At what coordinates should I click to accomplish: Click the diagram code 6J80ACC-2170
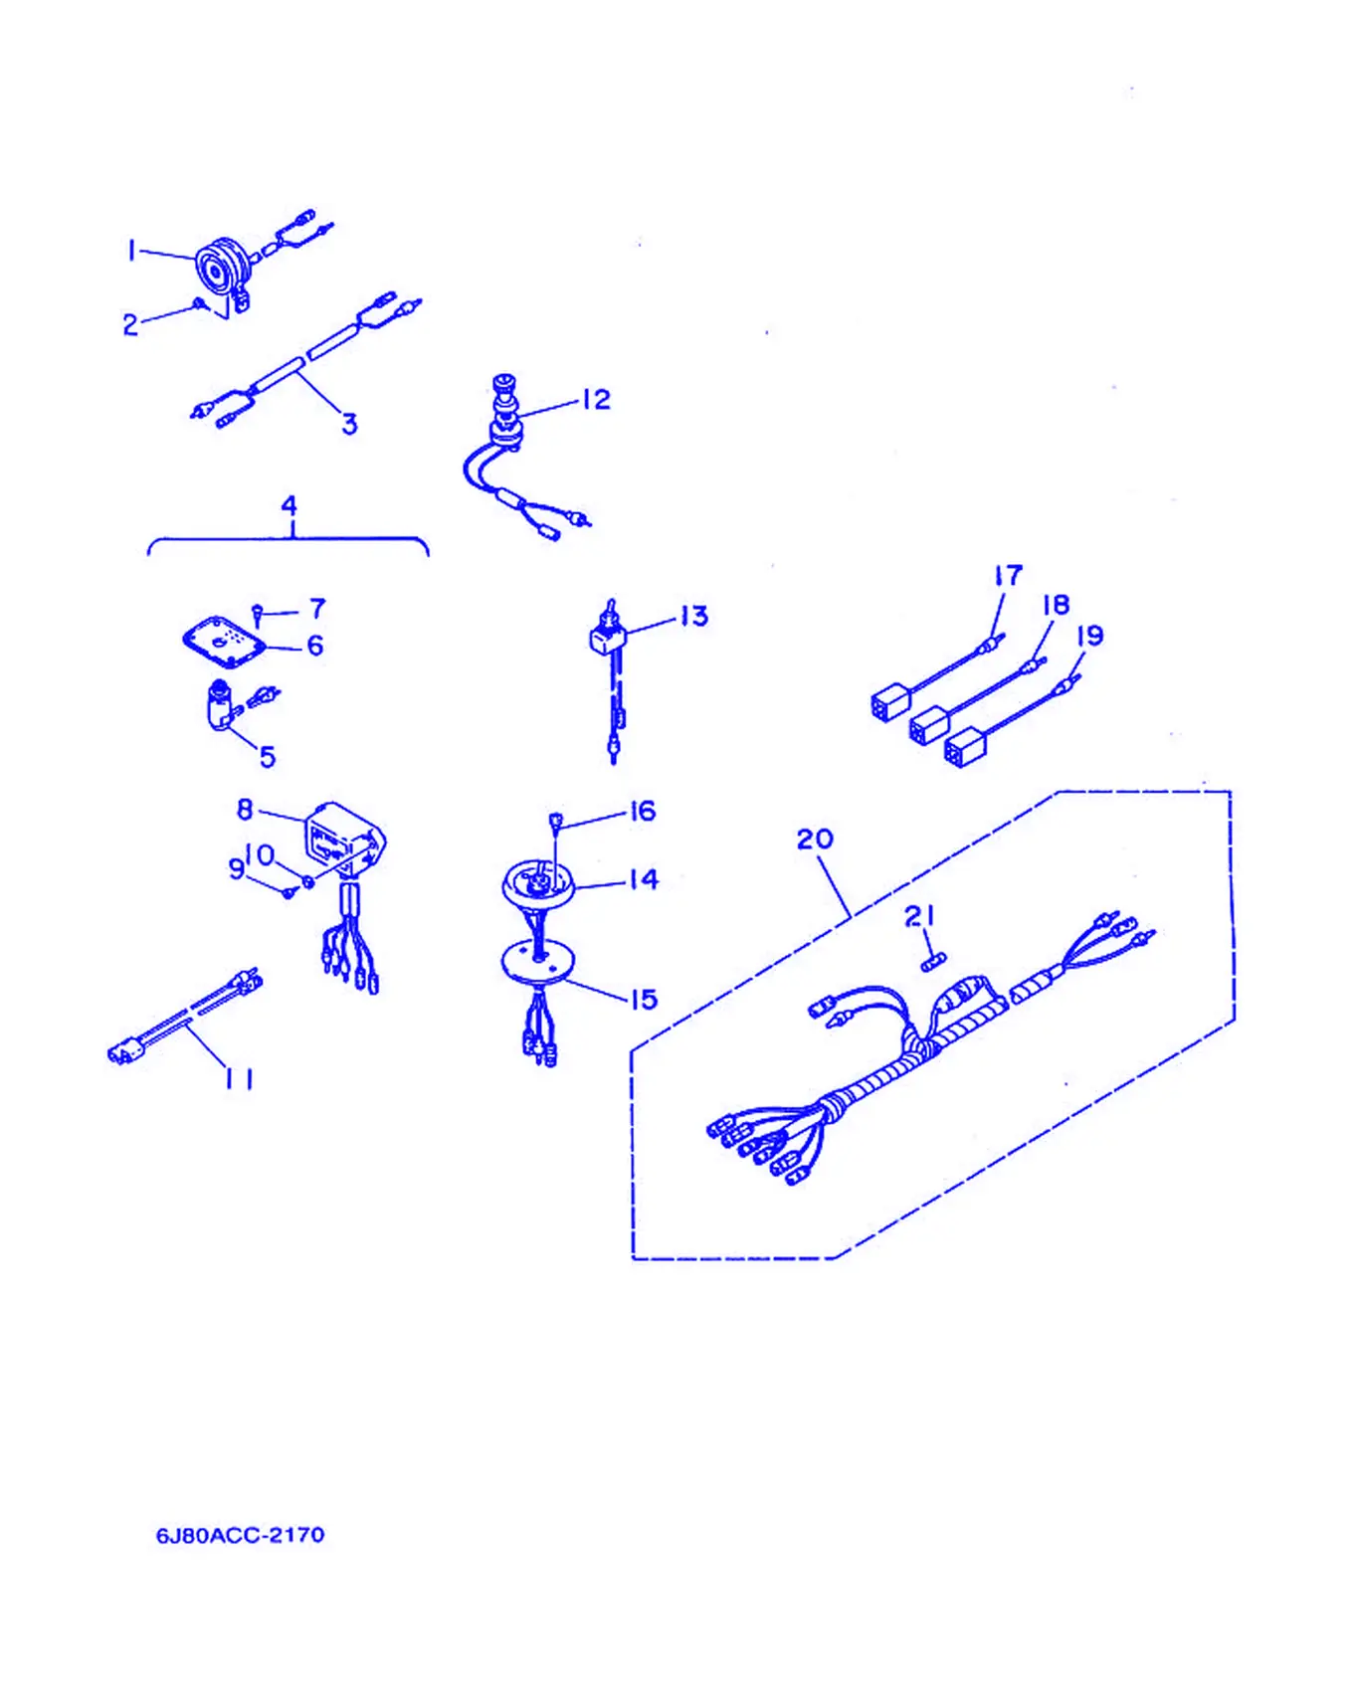(x=240, y=1535)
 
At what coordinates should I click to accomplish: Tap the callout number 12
(x=596, y=399)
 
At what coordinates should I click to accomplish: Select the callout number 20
(x=815, y=840)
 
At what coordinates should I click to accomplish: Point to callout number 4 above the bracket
(x=289, y=505)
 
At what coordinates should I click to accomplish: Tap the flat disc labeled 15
(x=537, y=962)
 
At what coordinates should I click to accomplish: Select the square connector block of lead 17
(x=890, y=702)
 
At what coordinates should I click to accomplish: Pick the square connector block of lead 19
(x=964, y=747)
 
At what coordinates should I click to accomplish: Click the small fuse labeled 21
(x=933, y=961)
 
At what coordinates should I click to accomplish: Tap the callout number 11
(x=239, y=1078)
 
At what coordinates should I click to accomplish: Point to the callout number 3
(x=349, y=425)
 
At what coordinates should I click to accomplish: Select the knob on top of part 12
(x=504, y=383)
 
